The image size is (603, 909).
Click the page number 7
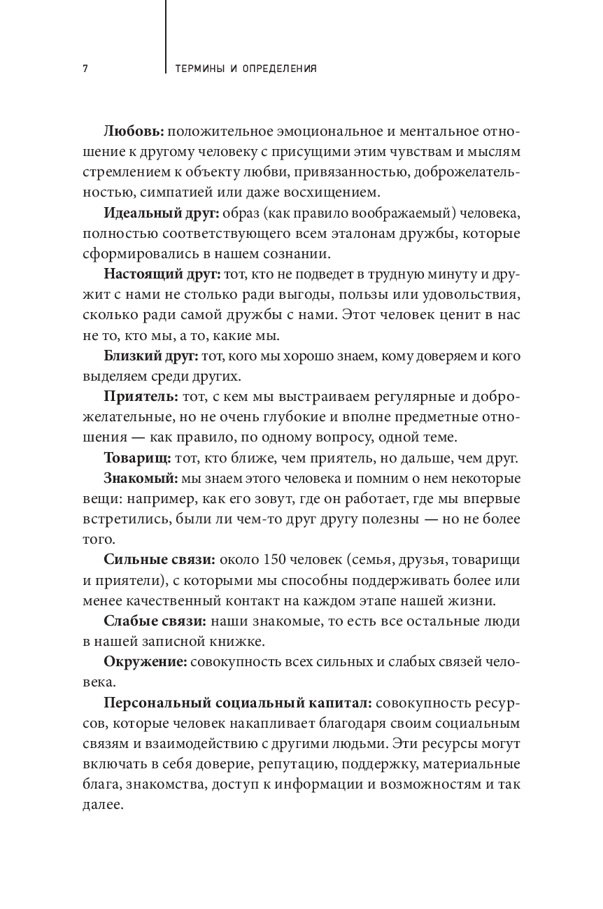coord(84,69)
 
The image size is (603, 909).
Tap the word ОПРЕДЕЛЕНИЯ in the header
coord(278,69)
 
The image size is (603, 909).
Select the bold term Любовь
coord(134,132)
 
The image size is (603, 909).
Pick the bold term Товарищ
coord(137,458)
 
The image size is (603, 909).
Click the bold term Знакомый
coord(139,479)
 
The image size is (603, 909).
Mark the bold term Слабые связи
coord(155,621)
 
